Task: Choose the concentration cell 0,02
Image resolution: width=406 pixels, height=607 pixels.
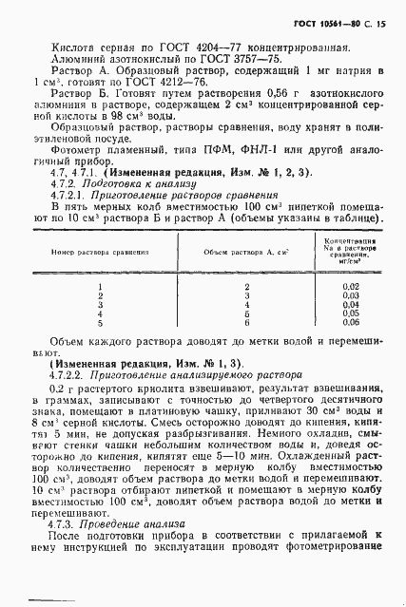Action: (352, 287)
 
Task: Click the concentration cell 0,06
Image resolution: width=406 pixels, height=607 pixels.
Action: (352, 321)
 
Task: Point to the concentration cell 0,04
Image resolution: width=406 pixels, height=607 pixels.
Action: (352, 304)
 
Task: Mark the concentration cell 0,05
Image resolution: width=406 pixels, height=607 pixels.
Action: (352, 313)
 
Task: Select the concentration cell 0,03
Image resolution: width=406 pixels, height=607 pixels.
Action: (352, 295)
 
